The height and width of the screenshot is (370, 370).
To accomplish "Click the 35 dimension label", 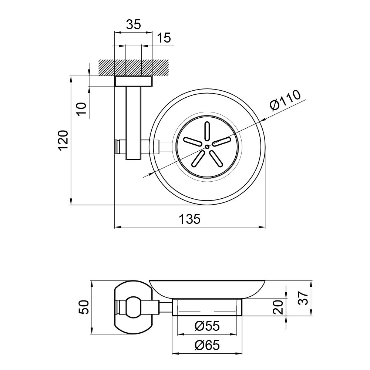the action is tap(133, 24).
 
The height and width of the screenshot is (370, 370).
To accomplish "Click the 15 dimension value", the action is tap(164, 38).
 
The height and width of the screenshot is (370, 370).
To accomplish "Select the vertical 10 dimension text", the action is tap(82, 109).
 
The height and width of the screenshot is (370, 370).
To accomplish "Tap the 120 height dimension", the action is tap(63, 140).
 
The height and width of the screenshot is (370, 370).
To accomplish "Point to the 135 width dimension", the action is tap(190, 219).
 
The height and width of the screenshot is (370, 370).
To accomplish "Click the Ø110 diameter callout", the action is tap(285, 100).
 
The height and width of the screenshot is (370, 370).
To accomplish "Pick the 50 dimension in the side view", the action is tap(84, 307).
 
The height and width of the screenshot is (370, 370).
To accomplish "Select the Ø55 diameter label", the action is tap(207, 326).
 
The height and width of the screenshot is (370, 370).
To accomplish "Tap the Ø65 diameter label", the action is tap(207, 345).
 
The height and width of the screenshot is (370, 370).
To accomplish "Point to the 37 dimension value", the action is tap(303, 298).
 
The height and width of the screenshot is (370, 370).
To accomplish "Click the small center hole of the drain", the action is tap(207, 147).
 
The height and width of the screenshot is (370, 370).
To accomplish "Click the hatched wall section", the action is tap(134, 67).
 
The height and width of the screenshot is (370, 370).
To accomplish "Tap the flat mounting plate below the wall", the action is tap(133, 81).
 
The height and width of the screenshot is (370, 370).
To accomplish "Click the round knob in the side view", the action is tap(133, 307).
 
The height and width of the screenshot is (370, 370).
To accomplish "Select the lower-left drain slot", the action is tap(198, 158).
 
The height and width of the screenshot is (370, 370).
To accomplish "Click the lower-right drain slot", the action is tap(216, 158).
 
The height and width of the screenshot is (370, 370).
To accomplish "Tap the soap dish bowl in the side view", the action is tap(207, 289).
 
